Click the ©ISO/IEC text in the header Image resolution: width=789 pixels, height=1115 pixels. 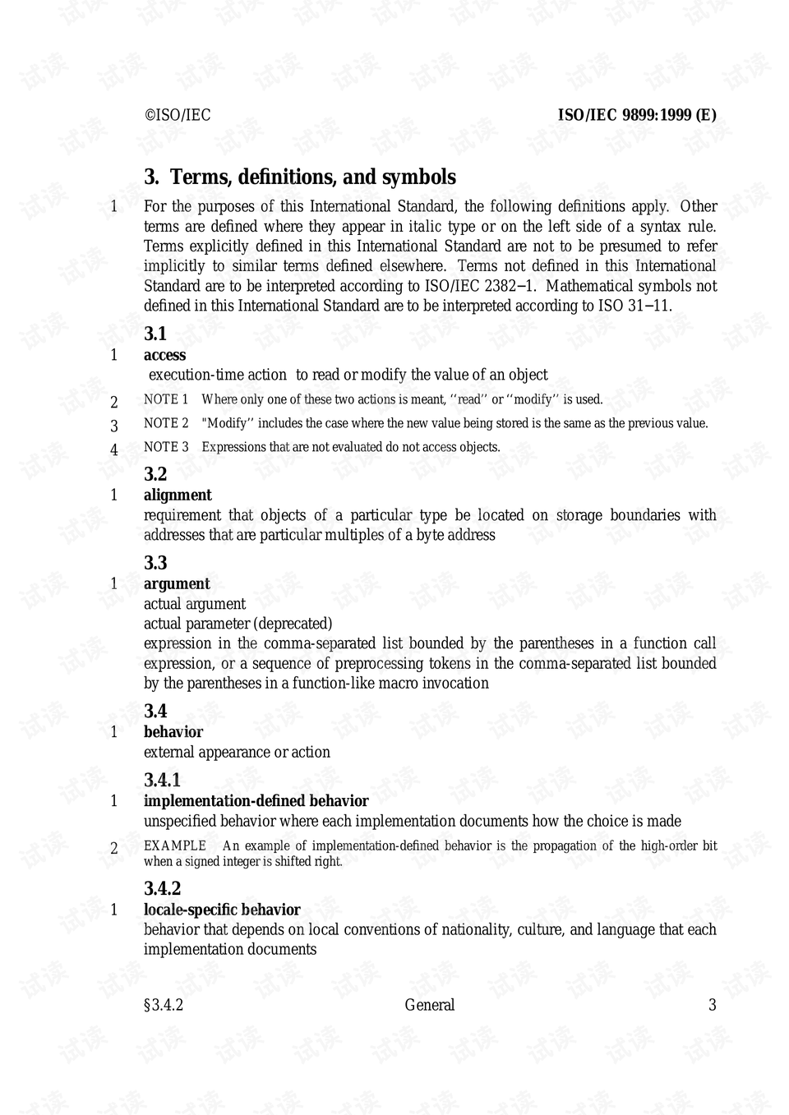(178, 115)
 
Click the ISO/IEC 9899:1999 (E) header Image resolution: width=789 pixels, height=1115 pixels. (637, 115)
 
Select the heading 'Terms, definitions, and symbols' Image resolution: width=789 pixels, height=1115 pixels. (312, 177)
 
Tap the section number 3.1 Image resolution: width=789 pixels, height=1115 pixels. (155, 334)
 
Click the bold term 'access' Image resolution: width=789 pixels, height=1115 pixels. (164, 355)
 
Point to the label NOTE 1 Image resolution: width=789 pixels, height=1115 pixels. (166, 399)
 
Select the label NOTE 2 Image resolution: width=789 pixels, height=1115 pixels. (166, 423)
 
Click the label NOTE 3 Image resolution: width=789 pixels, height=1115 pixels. (166, 447)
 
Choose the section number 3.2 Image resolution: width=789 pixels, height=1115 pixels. (155, 474)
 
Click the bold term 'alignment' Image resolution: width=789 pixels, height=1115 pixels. (178, 495)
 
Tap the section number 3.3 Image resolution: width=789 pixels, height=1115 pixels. (155, 563)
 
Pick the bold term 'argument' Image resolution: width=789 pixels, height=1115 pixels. (177, 583)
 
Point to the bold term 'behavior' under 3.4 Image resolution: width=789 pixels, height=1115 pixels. (173, 731)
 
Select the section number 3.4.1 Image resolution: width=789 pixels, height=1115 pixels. (162, 780)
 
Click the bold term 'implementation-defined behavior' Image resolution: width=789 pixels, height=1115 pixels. (256, 800)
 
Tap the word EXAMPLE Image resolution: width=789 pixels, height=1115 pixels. (175, 845)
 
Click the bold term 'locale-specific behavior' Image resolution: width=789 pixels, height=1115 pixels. (222, 910)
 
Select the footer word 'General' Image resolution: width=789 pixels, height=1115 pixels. (429, 1005)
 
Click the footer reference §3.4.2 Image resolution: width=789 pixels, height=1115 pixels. (164, 1005)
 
